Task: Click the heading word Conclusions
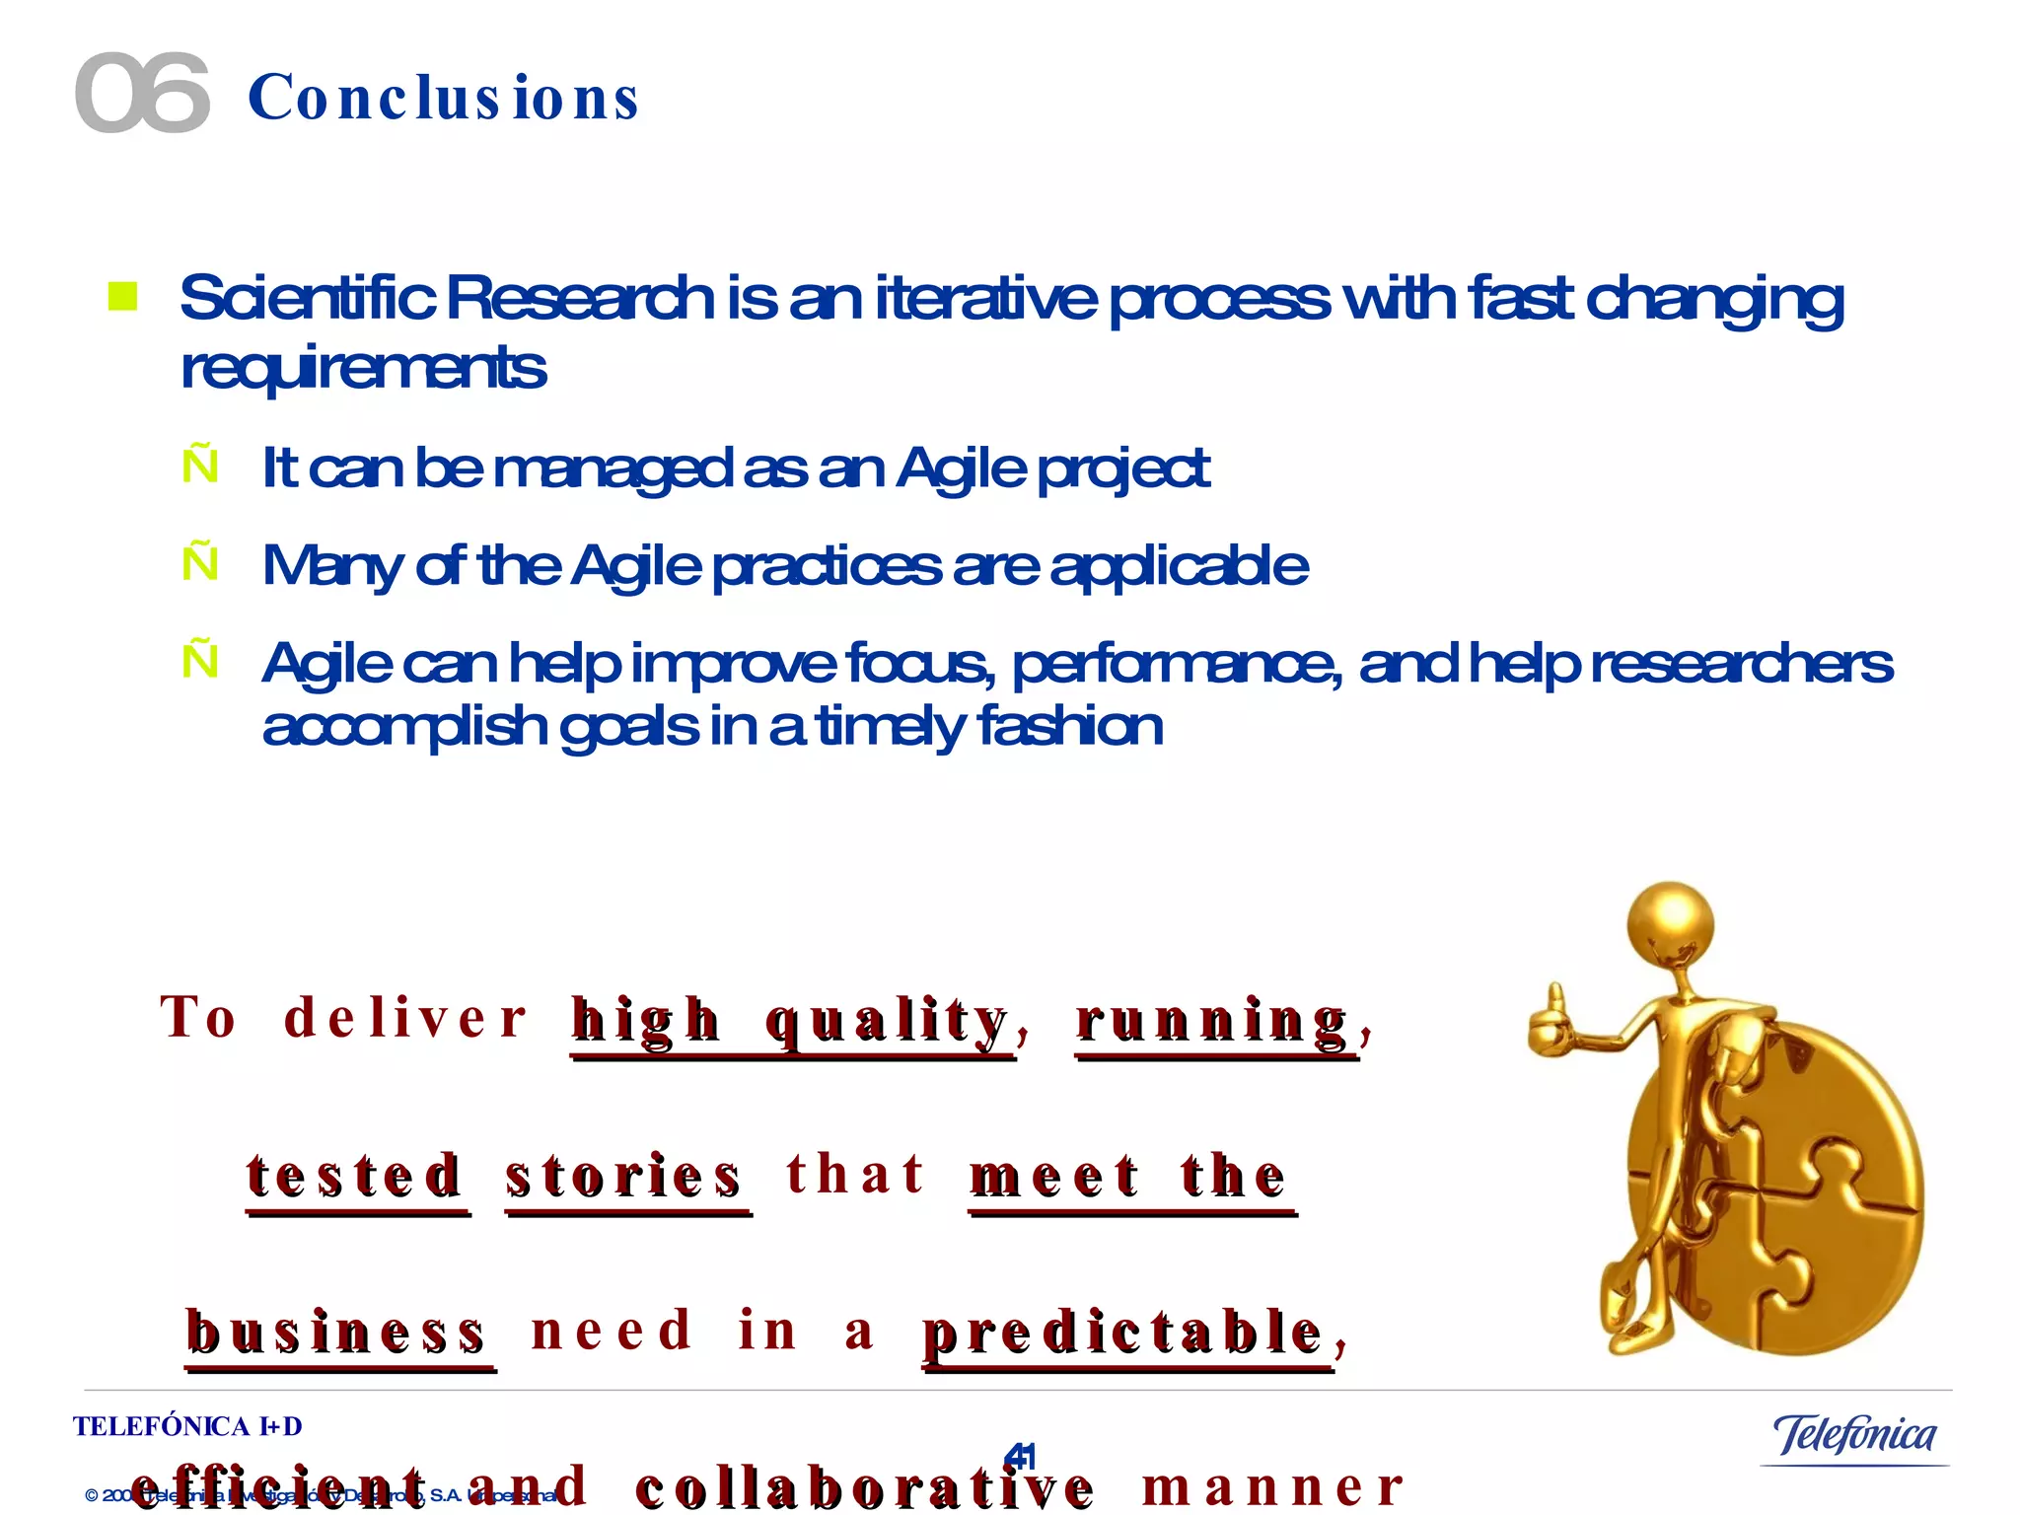(444, 99)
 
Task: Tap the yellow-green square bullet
(122, 296)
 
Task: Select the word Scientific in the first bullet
(307, 298)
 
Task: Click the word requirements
(363, 369)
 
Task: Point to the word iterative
(985, 298)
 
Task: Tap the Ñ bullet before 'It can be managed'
(200, 466)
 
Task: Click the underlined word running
(1212, 1021)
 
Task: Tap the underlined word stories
(623, 1176)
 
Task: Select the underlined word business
(336, 1332)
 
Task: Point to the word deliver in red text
(405, 1018)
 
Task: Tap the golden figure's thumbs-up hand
(1551, 1022)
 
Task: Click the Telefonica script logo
(1854, 1435)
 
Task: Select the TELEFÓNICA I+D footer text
(187, 1426)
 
